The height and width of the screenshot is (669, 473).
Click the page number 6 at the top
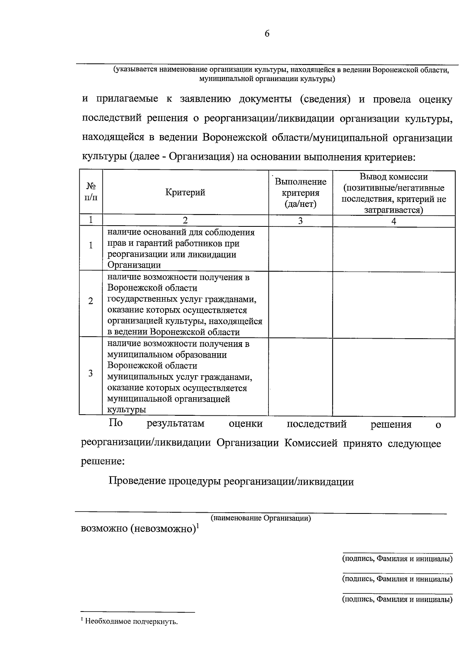[x=267, y=34]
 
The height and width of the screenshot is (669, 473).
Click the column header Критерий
[x=185, y=193]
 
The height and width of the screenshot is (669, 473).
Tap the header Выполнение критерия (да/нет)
[x=300, y=193]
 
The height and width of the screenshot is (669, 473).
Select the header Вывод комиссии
[x=393, y=177]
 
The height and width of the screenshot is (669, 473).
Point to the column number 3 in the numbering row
[x=300, y=221]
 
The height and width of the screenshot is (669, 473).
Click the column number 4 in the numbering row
[x=393, y=221]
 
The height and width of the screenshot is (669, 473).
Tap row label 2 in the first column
[x=91, y=301]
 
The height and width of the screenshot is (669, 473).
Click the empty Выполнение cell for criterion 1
[x=300, y=248]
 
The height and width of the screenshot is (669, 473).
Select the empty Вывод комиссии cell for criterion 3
[x=393, y=377]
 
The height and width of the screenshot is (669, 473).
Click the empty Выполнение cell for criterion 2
[x=300, y=304]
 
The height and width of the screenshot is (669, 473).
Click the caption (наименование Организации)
[x=261, y=518]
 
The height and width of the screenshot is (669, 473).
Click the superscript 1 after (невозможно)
[x=198, y=525]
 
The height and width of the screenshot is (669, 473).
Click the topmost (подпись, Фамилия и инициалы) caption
[x=397, y=559]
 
